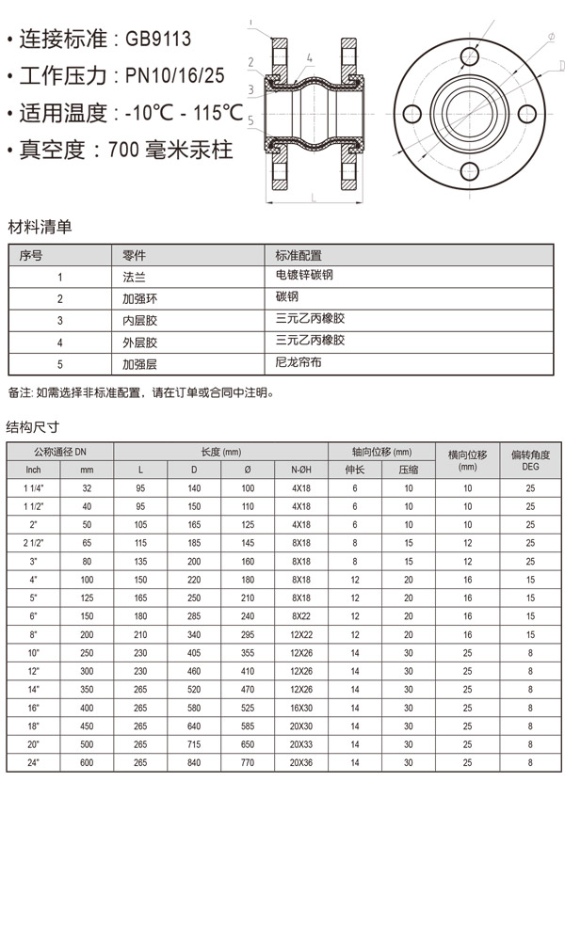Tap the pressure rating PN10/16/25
click(176, 76)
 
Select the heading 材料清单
click(40, 227)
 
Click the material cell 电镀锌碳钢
click(305, 276)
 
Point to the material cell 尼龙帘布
click(299, 361)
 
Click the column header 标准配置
click(299, 255)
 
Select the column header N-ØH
click(300, 470)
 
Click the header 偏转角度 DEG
click(530, 459)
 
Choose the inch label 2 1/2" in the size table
click(34, 542)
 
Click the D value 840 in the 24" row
click(194, 762)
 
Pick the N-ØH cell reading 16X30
click(300, 707)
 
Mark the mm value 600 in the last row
click(87, 762)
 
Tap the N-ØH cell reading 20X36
click(300, 762)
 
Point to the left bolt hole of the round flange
click(411, 115)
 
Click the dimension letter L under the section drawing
click(313, 198)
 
